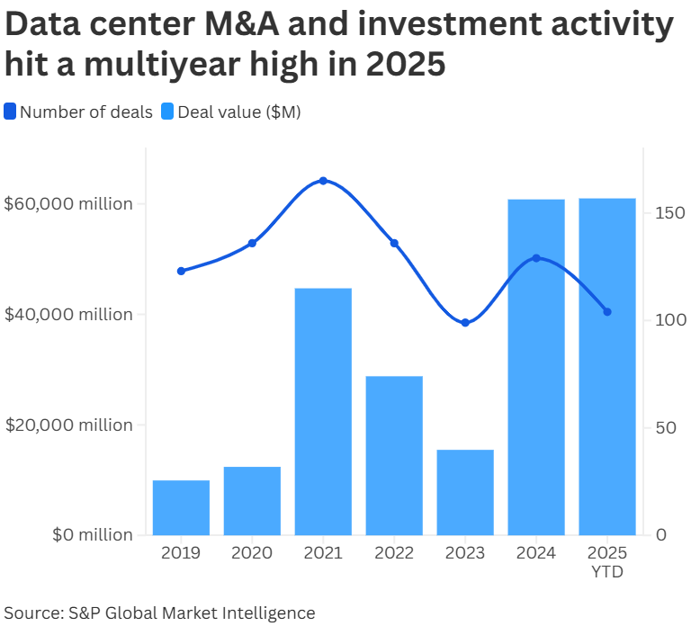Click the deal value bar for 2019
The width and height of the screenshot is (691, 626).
click(181, 508)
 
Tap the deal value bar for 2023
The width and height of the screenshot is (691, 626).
click(465, 492)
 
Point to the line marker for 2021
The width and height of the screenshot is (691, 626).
click(323, 181)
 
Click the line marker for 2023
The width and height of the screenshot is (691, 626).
click(465, 323)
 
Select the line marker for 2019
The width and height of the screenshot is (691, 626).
click(181, 271)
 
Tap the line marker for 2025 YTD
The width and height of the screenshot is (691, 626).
click(607, 312)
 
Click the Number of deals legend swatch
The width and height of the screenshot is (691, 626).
click(10, 112)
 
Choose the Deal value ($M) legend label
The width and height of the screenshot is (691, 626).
click(239, 112)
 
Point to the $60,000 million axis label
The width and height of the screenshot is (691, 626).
click(68, 204)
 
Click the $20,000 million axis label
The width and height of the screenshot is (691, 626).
click(68, 425)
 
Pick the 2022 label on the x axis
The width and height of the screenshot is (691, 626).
click(394, 553)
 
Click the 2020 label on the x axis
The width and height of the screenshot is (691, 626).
click(252, 553)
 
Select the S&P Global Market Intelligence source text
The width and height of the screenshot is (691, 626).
click(192, 613)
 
